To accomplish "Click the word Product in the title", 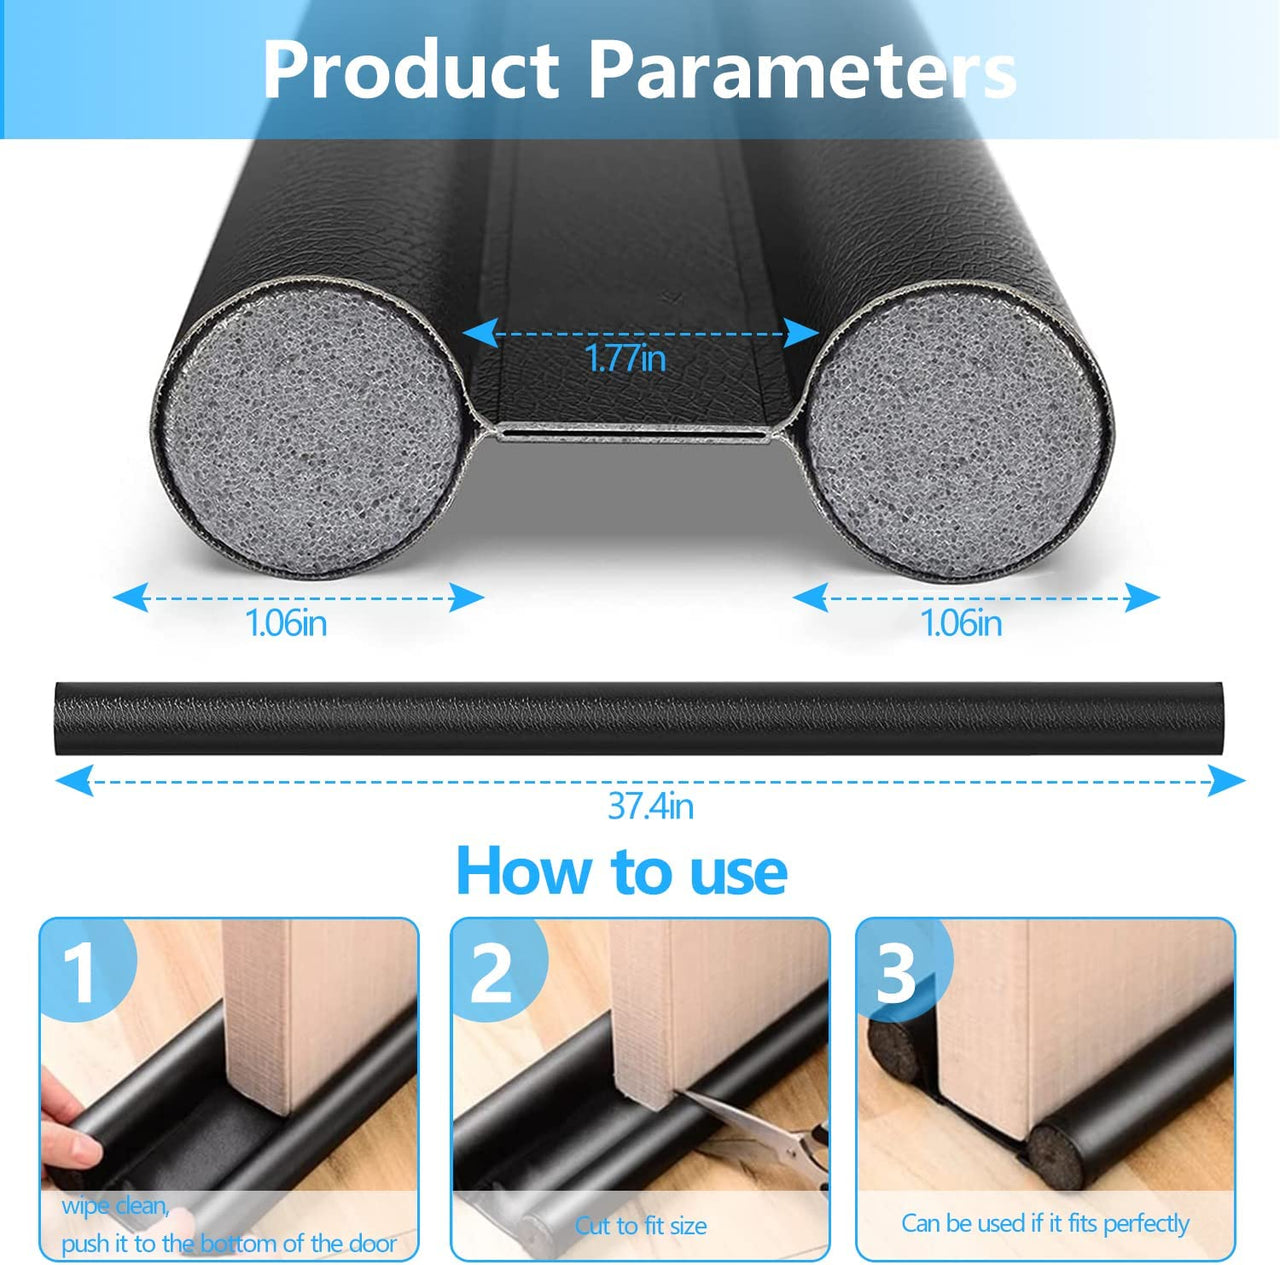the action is click(411, 70).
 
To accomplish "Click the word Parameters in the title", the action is click(802, 70).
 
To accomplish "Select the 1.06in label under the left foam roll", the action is click(286, 623).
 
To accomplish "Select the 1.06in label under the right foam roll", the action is click(960, 623).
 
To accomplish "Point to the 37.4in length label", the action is click(650, 807).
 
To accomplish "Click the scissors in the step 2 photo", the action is click(764, 1127).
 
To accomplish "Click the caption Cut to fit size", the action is click(641, 1226).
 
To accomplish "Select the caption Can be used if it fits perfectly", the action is click(1045, 1223).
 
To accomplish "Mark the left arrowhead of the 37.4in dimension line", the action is click(73, 780).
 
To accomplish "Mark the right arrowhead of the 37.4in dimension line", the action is click(1226, 780).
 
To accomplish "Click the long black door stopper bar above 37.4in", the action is click(638, 718).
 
